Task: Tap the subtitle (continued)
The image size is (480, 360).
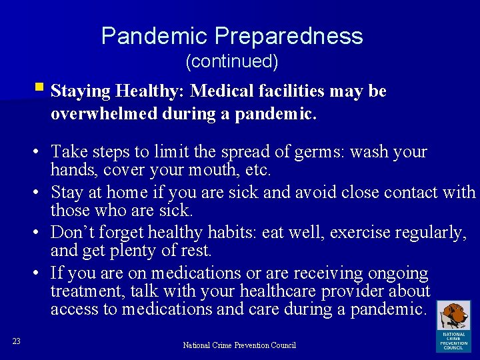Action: (231, 62)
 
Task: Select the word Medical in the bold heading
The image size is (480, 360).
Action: (231, 91)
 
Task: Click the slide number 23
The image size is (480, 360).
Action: (17, 341)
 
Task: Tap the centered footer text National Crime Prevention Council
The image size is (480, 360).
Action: (239, 345)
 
